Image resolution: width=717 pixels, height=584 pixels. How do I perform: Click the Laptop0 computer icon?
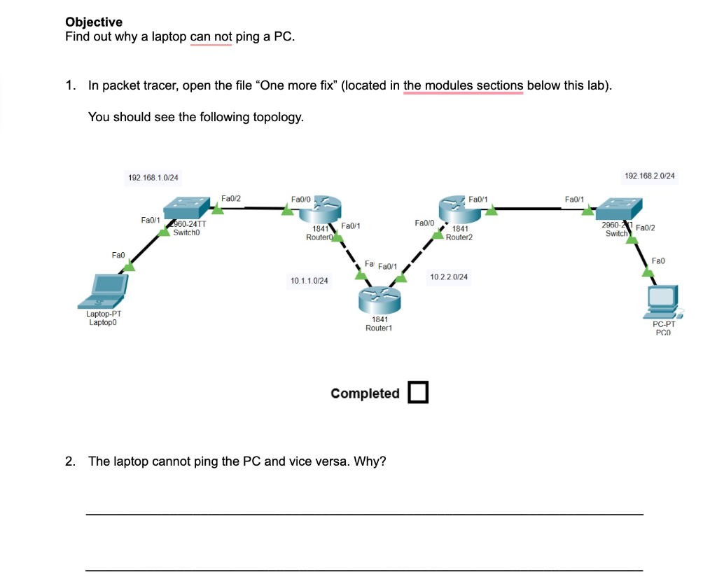click(x=104, y=291)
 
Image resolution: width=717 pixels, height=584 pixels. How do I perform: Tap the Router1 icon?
click(x=379, y=299)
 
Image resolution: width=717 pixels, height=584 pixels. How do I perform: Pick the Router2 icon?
click(x=457, y=209)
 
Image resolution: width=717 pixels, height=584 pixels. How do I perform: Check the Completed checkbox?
click(x=418, y=393)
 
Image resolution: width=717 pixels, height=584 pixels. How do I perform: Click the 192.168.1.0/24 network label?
click(x=153, y=177)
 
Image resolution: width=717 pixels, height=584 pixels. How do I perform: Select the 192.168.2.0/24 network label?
click(x=649, y=176)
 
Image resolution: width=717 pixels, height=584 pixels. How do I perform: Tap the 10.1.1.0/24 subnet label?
click(x=309, y=280)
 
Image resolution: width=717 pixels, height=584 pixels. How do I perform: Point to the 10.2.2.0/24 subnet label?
click(x=449, y=277)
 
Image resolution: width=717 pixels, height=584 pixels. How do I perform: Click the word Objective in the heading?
click(x=94, y=22)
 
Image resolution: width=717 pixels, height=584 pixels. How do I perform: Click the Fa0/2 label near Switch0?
click(x=230, y=198)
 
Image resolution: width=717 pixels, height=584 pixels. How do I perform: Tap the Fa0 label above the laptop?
click(x=118, y=255)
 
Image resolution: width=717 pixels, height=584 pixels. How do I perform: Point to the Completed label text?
click(x=365, y=394)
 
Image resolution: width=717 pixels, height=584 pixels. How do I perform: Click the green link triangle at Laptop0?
click(x=129, y=265)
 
